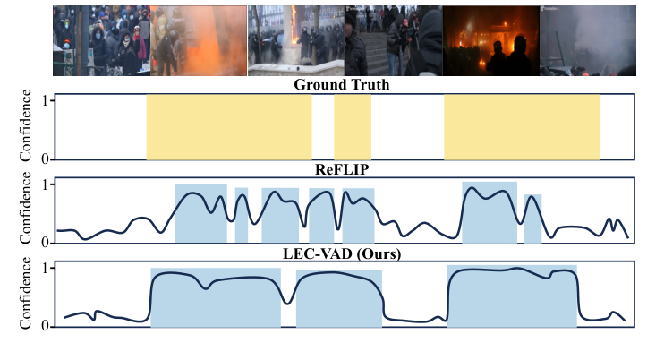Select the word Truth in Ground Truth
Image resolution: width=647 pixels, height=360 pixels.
[374, 86]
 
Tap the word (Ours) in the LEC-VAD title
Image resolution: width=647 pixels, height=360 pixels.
[378, 255]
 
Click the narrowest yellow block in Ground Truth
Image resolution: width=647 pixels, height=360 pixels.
[353, 127]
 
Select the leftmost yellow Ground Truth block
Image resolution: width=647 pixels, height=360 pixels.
[229, 127]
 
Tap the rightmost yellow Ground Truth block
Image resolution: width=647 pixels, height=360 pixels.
[521, 127]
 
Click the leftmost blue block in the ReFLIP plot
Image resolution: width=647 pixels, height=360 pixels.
[200, 213]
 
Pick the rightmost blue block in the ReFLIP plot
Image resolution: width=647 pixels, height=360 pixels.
[532, 219]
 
